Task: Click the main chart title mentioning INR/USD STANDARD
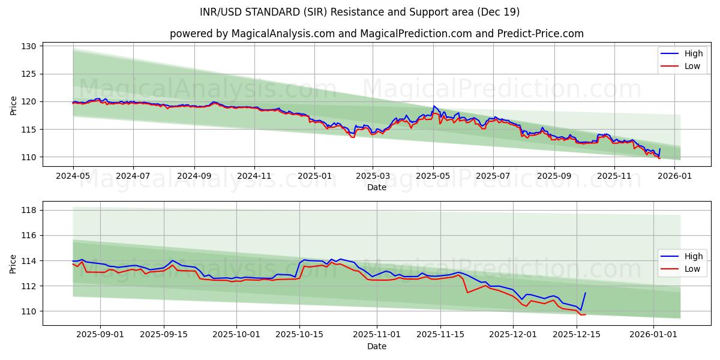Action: click(360, 12)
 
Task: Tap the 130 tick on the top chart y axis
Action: click(30, 46)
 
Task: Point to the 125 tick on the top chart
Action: click(30, 74)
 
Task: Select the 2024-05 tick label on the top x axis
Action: click(73, 176)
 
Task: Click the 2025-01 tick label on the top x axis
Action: click(314, 176)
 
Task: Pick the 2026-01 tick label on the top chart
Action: click(676, 176)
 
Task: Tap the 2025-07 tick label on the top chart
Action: click(493, 176)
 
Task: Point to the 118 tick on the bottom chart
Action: click(30, 210)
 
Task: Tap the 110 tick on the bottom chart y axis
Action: click(30, 311)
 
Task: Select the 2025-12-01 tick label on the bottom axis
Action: click(513, 334)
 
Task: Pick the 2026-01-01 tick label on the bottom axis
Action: click(653, 334)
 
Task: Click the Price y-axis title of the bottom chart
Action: click(13, 263)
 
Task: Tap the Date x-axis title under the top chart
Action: click(376, 188)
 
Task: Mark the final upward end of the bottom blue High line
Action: click(585, 293)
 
